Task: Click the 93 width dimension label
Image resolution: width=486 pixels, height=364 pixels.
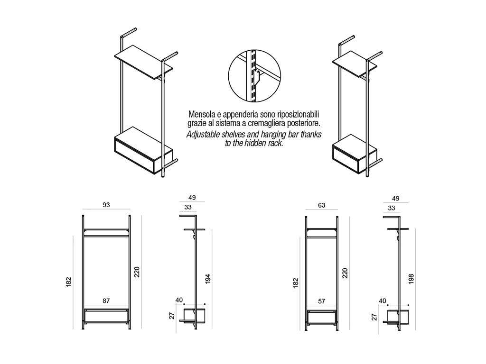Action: tap(106, 205)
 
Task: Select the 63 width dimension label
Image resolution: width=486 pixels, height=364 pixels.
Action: tap(321, 205)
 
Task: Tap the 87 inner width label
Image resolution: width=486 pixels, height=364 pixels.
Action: tap(106, 301)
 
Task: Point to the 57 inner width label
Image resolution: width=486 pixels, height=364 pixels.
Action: tap(321, 301)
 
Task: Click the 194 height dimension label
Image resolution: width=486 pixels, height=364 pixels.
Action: tap(208, 279)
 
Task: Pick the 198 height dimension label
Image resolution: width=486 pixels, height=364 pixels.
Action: tap(411, 280)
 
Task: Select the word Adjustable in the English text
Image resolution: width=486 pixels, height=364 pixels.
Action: tap(203, 135)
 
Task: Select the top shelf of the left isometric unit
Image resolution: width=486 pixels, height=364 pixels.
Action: tap(143, 62)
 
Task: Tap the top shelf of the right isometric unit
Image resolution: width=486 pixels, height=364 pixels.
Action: tap(355, 64)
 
